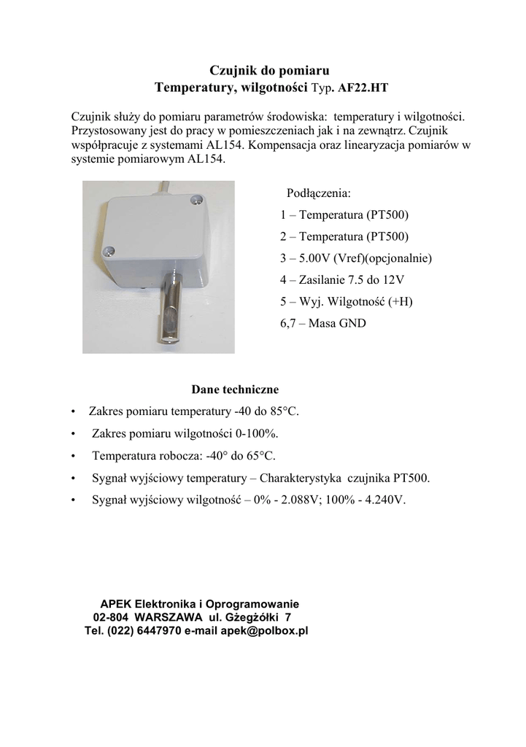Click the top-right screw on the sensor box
coord(195,199)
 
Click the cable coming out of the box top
coord(160,188)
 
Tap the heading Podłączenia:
coord(319,193)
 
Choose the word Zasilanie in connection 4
coord(322,279)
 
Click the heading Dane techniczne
coord(235,390)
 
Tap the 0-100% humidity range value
coord(255,433)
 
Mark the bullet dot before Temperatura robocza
coord(74,457)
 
